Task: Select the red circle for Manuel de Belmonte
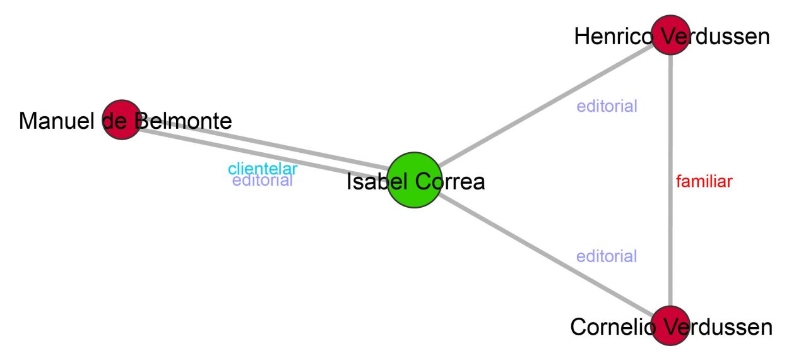[x=121, y=119]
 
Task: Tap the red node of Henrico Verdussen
[x=670, y=36]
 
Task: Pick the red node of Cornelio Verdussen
[x=670, y=326]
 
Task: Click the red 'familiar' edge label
[x=704, y=182]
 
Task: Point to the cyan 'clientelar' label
[x=263, y=169]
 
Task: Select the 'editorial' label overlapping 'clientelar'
[x=263, y=181]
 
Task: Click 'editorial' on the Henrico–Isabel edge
[x=607, y=106]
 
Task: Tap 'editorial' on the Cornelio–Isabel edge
[x=607, y=256]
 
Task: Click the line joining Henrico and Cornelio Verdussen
[x=670, y=240]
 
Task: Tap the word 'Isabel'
[x=377, y=182]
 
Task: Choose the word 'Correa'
[x=453, y=182]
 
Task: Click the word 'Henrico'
[x=613, y=37]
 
